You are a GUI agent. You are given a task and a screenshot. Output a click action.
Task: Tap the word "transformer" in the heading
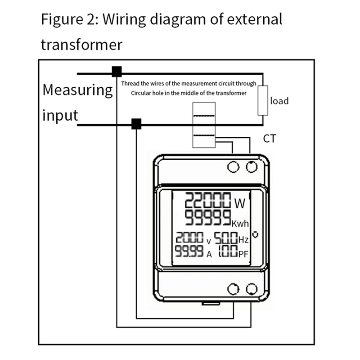point(81,45)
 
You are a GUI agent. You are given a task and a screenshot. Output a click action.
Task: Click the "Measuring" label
point(77,90)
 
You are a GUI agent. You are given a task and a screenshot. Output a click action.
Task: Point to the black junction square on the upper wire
point(117,71)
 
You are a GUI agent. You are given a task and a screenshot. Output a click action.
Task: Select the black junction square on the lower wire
point(136,124)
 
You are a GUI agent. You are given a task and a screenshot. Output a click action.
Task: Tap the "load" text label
point(279,101)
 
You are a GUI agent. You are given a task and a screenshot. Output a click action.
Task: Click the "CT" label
point(269,138)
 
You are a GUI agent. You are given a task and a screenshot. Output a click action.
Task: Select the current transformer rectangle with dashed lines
point(204,125)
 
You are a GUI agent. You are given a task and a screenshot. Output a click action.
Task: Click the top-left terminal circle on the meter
point(233,167)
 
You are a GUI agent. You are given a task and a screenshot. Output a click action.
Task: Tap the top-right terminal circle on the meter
point(252,167)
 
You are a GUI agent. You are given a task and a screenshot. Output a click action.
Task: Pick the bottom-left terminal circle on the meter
point(233,289)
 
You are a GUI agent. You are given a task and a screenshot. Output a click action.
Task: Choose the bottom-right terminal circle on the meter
point(252,289)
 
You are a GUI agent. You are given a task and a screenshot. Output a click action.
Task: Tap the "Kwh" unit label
point(240,223)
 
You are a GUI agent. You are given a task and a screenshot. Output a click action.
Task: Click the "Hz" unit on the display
point(243,239)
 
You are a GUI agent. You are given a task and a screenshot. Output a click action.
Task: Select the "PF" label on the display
point(243,254)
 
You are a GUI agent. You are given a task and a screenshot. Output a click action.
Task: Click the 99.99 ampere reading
point(189,252)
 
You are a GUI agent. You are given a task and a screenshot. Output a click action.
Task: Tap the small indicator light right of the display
point(256,234)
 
